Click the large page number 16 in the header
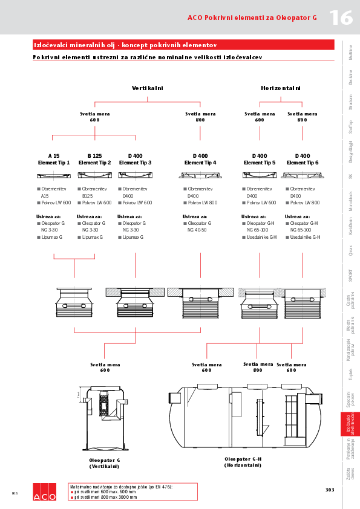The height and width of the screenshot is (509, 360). click(x=341, y=18)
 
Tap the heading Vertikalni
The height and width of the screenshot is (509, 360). click(x=148, y=88)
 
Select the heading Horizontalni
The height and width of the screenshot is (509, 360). click(x=281, y=88)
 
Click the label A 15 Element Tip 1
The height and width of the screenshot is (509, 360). click(x=54, y=159)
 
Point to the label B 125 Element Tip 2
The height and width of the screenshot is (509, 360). click(x=94, y=159)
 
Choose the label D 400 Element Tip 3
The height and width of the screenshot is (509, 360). click(x=135, y=159)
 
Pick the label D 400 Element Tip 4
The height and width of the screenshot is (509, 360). click(x=200, y=159)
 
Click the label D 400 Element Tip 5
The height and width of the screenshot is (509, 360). click(x=260, y=159)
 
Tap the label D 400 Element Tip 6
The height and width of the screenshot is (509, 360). click(x=302, y=159)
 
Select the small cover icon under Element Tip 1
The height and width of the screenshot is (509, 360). click(x=54, y=175)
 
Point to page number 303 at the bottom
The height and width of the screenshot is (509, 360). click(x=330, y=490)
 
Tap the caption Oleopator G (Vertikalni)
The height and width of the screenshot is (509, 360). click(x=105, y=464)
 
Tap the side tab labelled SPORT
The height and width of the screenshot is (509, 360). click(x=351, y=275)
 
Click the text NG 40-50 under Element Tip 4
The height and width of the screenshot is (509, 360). click(x=197, y=230)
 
